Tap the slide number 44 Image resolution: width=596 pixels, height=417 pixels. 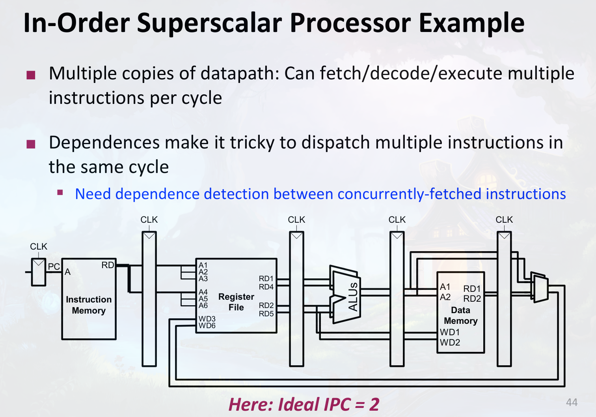click(x=572, y=402)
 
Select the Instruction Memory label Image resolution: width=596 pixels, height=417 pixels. click(x=89, y=305)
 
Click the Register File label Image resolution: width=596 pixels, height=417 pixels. click(x=236, y=302)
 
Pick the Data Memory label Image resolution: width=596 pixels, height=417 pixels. click(x=460, y=316)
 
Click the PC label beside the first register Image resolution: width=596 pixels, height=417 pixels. click(x=54, y=267)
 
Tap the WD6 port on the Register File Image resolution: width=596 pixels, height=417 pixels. click(x=207, y=326)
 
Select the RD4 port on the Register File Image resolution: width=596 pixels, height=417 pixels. click(x=266, y=287)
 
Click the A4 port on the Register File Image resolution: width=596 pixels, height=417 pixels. click(x=203, y=292)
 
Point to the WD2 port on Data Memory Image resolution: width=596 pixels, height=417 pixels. click(x=450, y=342)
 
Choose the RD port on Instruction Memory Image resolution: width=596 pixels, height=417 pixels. click(x=108, y=265)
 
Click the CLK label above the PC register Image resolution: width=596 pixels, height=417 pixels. click(x=39, y=246)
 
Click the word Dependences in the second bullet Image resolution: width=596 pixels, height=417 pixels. click(x=104, y=143)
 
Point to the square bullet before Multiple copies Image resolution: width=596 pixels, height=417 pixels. click(x=31, y=75)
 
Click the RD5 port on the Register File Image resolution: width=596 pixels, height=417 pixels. click(x=266, y=314)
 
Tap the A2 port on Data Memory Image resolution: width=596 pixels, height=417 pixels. click(x=445, y=297)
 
